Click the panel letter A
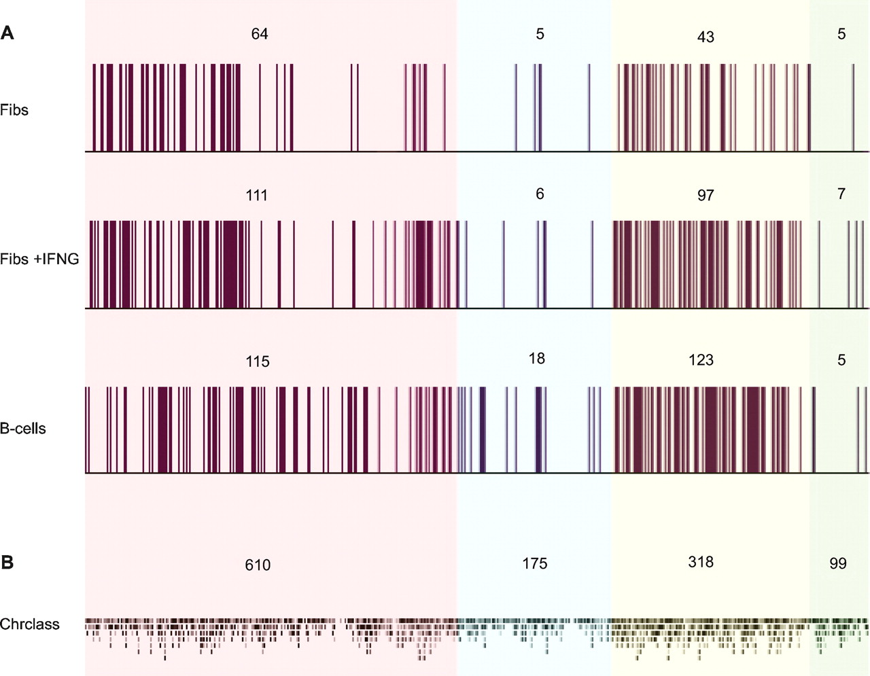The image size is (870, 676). point(7,33)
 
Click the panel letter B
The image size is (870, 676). point(7,563)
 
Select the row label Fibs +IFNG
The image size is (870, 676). point(39,259)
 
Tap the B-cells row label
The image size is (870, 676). point(23,429)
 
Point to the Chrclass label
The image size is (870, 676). point(30,624)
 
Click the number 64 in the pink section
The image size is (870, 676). point(260,34)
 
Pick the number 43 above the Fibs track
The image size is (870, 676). point(706,37)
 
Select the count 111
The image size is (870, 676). point(256,196)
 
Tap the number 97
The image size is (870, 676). point(706,196)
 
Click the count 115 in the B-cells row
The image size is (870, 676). point(258,361)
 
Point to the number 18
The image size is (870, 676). point(537,358)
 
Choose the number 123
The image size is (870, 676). point(701,360)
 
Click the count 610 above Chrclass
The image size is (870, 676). point(258,565)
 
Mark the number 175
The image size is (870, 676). point(535,563)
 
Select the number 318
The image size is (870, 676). point(701,562)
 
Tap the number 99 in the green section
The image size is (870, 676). point(838,563)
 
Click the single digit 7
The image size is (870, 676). point(841,194)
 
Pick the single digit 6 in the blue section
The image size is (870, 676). point(540,194)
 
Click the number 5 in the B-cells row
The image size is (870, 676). point(841,360)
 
